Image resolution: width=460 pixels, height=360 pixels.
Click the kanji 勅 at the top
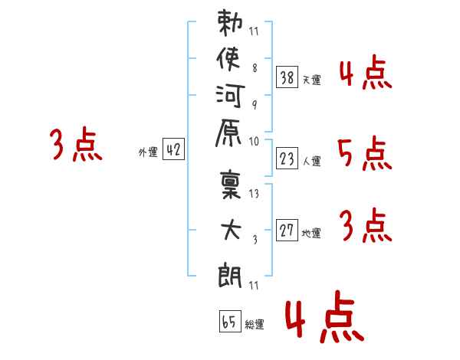click(230, 22)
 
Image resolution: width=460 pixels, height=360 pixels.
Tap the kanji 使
click(228, 59)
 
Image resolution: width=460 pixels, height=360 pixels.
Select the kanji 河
click(230, 96)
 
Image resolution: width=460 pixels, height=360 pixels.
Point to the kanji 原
click(228, 133)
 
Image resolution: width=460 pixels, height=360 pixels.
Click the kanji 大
click(231, 230)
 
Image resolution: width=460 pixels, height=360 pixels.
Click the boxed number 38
click(287, 77)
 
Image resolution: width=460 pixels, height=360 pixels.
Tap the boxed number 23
click(287, 159)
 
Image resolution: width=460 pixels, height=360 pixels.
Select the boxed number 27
click(287, 230)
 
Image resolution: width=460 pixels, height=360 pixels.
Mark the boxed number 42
click(173, 149)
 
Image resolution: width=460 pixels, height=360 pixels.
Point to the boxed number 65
click(230, 321)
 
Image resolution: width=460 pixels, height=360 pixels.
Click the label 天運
click(312, 80)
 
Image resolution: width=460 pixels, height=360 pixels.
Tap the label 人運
click(312, 161)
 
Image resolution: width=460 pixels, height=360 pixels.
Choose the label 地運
click(311, 234)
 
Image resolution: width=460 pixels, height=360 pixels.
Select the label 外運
click(148, 152)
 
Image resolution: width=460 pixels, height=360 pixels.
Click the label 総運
click(255, 325)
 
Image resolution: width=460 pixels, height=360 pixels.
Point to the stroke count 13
click(254, 194)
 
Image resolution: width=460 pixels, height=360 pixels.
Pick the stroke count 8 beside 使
click(255, 68)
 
